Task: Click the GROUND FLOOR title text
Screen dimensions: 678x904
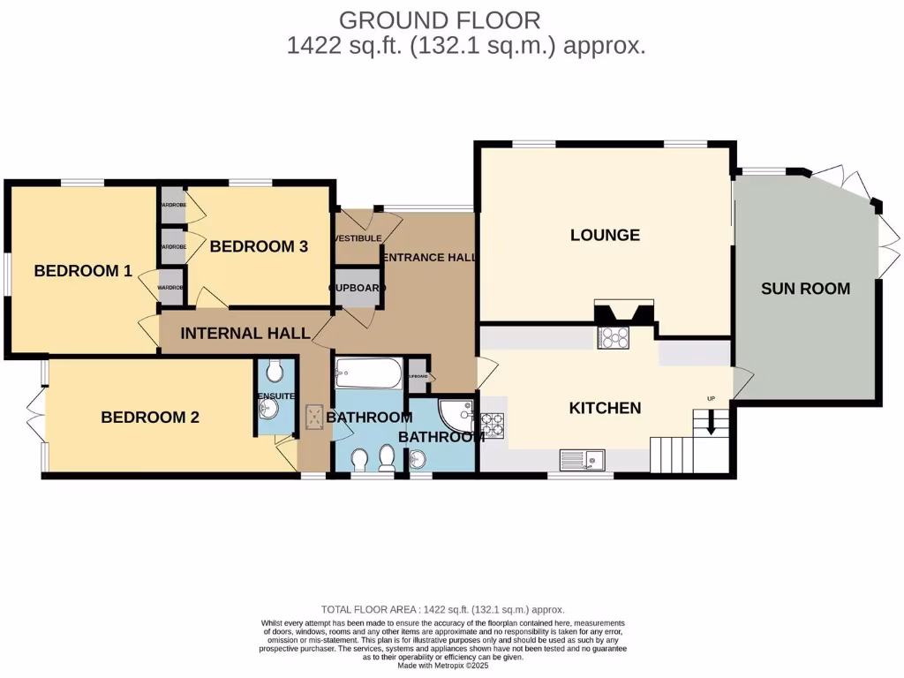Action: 439,19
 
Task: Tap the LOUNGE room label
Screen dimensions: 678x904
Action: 605,235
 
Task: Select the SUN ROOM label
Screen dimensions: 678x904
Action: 805,288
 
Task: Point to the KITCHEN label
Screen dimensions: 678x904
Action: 604,408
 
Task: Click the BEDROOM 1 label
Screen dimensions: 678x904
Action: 83,271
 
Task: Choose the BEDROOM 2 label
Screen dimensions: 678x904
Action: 149,418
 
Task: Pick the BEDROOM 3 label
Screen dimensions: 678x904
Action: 259,246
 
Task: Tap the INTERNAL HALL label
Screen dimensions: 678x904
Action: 245,334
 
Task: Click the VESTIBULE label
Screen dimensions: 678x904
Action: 358,238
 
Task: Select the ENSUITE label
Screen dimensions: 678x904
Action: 276,396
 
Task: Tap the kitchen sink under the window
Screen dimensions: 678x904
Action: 581,459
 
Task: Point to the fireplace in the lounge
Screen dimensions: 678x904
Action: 623,313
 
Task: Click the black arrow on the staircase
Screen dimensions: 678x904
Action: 706,427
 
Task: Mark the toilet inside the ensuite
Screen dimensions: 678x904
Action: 275,370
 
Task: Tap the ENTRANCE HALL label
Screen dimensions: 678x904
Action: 429,258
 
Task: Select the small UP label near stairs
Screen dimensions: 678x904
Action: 712,398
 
